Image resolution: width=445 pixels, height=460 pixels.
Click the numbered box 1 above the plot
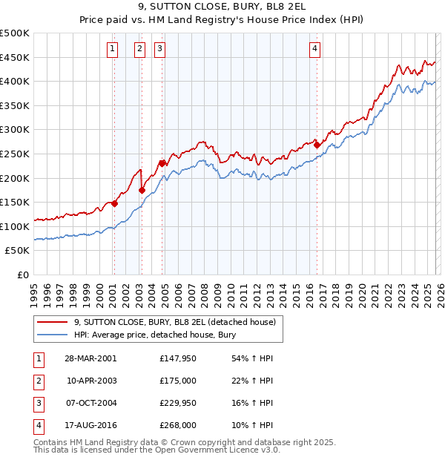pyautogui.click(x=112, y=49)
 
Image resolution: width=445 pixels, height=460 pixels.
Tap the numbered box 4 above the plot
pyautogui.click(x=315, y=49)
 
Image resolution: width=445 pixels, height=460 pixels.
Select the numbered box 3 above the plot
pyautogui.click(x=159, y=49)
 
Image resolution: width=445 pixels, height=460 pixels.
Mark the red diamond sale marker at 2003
pyautogui.click(x=142, y=190)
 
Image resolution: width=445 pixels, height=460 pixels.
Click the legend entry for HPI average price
pyautogui.click(x=154, y=335)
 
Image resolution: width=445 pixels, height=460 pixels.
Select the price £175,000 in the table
pyautogui.click(x=177, y=380)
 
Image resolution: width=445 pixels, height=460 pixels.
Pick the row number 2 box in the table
pyautogui.click(x=38, y=380)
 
